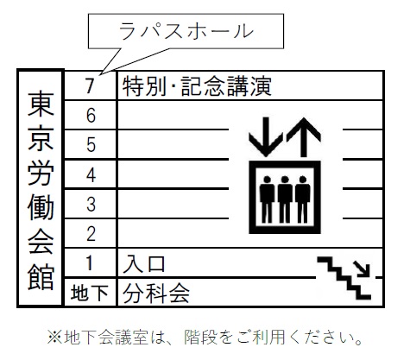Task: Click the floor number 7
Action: point(91,85)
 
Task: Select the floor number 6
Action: point(91,116)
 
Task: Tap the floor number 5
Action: point(91,144)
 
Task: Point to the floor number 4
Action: point(91,174)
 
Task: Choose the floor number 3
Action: point(91,205)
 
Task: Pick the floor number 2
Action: point(91,234)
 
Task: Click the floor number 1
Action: point(90,263)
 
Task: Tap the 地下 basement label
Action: point(89,293)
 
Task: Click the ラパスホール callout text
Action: point(186,31)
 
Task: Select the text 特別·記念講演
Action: point(197,85)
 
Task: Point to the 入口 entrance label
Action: point(144,263)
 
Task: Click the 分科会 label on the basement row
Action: point(156,294)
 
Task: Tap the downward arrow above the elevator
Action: point(266,136)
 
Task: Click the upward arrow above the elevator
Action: point(303,136)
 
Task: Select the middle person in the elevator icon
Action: point(285,199)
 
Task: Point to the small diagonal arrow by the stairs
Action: point(362,268)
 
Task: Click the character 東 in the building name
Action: point(41,104)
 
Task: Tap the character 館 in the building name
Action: point(41,276)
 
